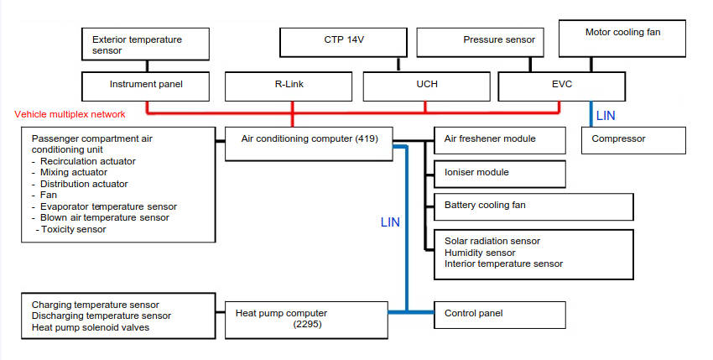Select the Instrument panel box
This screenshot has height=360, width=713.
[146, 85]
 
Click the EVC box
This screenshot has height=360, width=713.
[561, 85]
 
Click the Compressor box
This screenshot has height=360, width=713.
[633, 139]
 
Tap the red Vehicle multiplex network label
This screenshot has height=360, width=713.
[70, 114]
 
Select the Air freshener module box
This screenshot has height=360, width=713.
[499, 139]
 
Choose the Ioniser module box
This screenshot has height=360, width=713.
[499, 173]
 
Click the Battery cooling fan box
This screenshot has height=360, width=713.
[533, 206]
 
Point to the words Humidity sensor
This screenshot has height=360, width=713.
[480, 253]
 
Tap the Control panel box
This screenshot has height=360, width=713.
[499, 314]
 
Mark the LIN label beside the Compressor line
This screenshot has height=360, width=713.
[605, 115]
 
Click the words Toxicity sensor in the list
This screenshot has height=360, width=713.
[73, 229]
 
